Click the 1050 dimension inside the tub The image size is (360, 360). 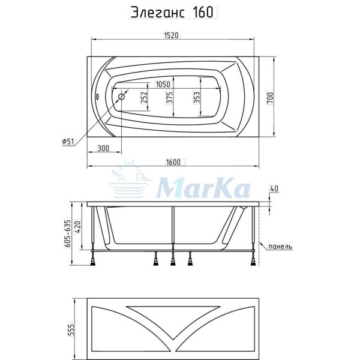(x=163, y=85)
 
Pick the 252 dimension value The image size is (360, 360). (x=144, y=98)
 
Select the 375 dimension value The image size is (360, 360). (x=170, y=98)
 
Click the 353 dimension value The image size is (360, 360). (x=196, y=98)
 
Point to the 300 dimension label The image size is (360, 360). (x=103, y=148)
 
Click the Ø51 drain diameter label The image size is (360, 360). (x=68, y=142)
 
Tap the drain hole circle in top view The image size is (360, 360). (x=122, y=96)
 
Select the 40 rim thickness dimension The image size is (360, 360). (x=274, y=189)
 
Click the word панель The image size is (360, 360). (x=280, y=247)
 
